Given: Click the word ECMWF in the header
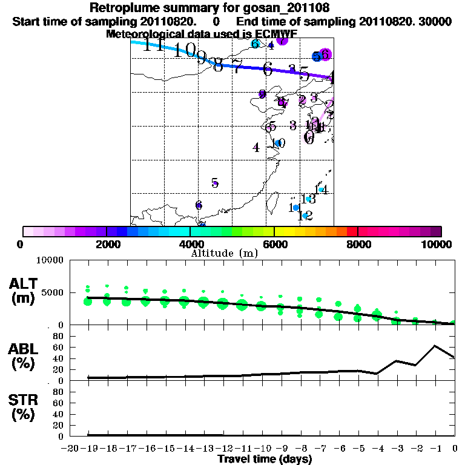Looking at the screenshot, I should pos(275,34).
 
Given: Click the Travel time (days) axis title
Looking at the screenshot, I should pos(265,459).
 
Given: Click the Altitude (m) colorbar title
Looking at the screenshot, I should pos(224,252).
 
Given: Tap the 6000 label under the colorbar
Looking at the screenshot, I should pos(274,244).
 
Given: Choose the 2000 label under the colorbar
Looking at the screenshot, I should pos(107,244).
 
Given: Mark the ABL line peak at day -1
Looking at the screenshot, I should pos(435,346).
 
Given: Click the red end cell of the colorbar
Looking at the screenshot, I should pos(352,231).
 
